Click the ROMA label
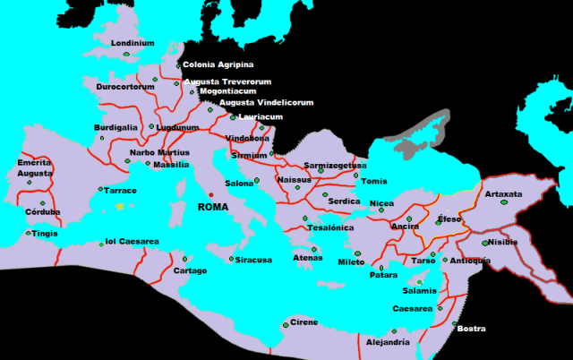[212, 207]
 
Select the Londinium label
[133, 42]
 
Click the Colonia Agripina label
[218, 64]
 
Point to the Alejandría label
[389, 342]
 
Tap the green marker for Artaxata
[504, 205]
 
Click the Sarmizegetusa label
[335, 165]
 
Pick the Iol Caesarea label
[132, 241]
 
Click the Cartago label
[190, 270]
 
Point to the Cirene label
[304, 322]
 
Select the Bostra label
[471, 329]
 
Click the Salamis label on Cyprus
[420, 291]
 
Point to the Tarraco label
[121, 191]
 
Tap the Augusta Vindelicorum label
[266, 103]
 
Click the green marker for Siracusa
[231, 260]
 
